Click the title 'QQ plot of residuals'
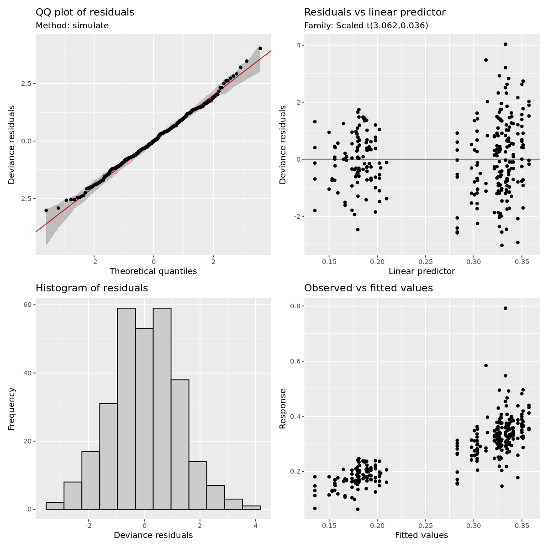85,12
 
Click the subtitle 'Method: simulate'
72,26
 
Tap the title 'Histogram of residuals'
92,288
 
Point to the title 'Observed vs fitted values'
368,288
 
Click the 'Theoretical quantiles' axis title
153,271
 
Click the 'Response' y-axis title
283,408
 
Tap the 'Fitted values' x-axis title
421,535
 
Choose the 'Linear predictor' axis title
422,271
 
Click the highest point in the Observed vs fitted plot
505,308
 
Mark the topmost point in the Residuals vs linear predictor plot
505,44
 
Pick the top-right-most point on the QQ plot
260,48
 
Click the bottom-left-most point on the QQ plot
46,211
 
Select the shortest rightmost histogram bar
251,507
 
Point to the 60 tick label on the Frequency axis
27,305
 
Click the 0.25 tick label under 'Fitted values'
425,526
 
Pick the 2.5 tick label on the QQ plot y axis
25,84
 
